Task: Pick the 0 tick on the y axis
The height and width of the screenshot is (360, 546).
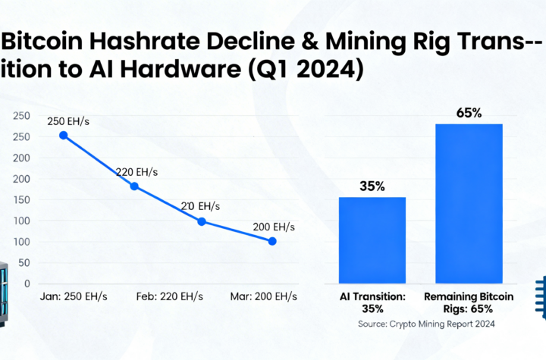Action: coord(27,284)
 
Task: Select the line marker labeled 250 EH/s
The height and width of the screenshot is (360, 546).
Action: coord(64,136)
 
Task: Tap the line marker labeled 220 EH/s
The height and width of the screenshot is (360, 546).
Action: coord(134,186)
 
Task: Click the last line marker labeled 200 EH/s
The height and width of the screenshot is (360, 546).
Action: coord(272,241)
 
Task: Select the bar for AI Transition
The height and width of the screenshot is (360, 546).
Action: coord(372,239)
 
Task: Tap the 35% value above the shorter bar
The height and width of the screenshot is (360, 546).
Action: coord(372,184)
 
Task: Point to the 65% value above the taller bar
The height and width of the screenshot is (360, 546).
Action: coord(469,113)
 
